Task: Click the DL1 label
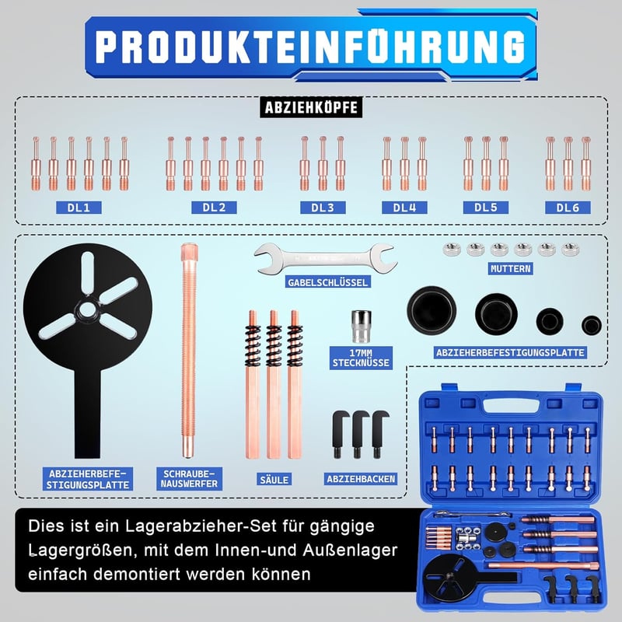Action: [x=79, y=208]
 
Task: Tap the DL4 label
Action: [x=404, y=208]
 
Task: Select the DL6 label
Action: [x=568, y=208]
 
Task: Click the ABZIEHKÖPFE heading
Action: [x=311, y=107]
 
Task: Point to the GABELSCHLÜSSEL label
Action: [x=327, y=282]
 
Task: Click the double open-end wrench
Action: [x=325, y=259]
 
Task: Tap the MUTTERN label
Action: [x=510, y=268]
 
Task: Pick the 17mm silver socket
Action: [x=362, y=326]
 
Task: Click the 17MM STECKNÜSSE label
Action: [x=361, y=358]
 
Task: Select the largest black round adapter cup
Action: [x=432, y=309]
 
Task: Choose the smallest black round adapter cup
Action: [x=592, y=325]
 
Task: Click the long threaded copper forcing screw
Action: [x=189, y=351]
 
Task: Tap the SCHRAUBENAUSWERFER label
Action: [x=189, y=479]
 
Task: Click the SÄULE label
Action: [x=274, y=480]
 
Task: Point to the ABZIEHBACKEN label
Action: [x=361, y=479]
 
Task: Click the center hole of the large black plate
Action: [x=87, y=309]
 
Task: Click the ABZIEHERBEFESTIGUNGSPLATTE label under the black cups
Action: [x=510, y=353]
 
